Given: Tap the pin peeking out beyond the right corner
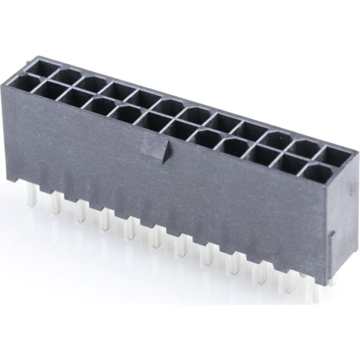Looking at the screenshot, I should (332, 281).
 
